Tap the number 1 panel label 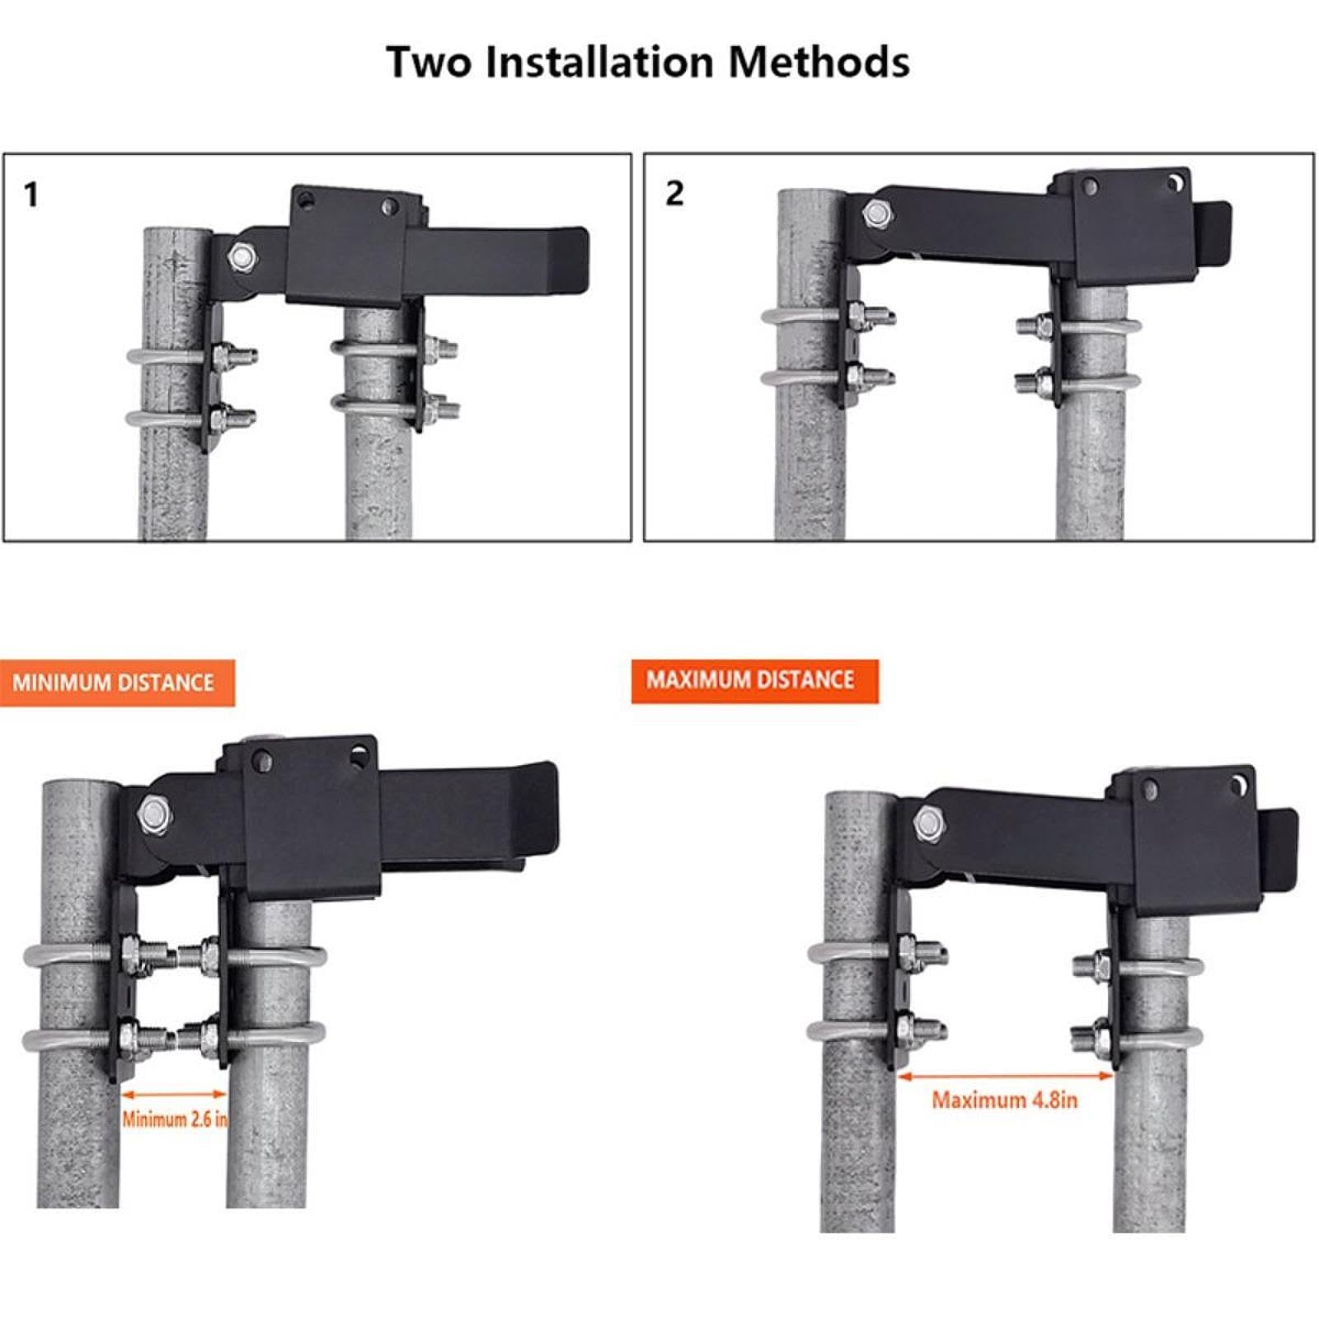[31, 195]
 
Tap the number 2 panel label [674, 194]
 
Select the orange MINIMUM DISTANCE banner [117, 683]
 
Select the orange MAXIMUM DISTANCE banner [754, 680]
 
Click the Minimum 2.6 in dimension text [175, 1119]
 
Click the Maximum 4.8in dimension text [1004, 1100]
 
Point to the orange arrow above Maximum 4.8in [1005, 1076]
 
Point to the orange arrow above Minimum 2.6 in [174, 1094]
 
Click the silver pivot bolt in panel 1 [243, 256]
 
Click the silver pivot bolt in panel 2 [875, 214]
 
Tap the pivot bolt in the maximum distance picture [929, 822]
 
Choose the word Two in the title [429, 62]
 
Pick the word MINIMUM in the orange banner [61, 683]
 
